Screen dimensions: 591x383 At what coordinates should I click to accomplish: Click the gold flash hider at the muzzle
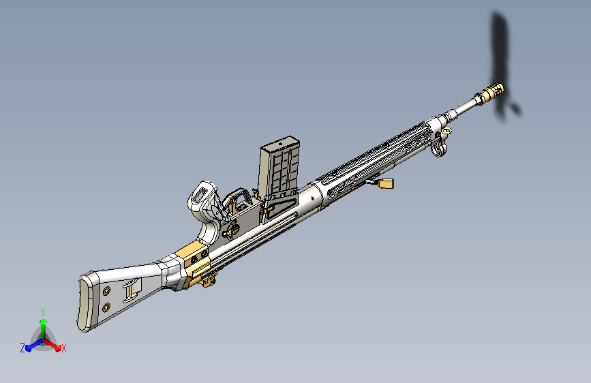click(493, 91)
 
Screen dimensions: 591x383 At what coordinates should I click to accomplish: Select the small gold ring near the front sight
click(446, 131)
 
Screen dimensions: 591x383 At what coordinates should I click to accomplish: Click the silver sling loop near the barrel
click(439, 149)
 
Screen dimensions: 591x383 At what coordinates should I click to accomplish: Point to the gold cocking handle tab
click(385, 183)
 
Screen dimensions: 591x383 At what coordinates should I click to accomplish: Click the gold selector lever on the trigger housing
click(231, 230)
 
